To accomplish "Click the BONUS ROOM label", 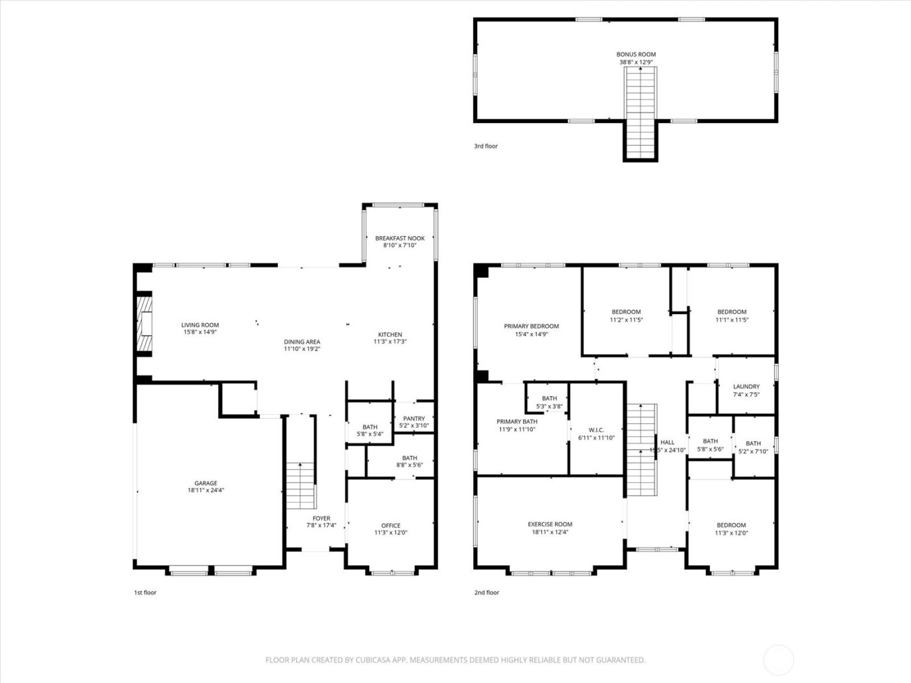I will tap(636, 55).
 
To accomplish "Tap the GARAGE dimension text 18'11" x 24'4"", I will tap(206, 491).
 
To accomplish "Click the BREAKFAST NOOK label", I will tap(400, 239).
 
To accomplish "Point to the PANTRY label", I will tap(414, 419).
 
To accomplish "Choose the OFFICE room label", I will tap(390, 526).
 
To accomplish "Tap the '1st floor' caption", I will tap(145, 593).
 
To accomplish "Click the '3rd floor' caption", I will tap(485, 146).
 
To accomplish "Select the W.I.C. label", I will tap(596, 430).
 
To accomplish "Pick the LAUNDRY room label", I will tap(746, 386).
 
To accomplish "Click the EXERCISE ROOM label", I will tap(550, 524).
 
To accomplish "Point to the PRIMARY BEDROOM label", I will tap(531, 327).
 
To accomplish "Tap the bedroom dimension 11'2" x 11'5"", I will tap(626, 320).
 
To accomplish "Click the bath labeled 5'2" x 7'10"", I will tap(753, 448).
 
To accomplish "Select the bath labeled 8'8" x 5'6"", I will tap(409, 462).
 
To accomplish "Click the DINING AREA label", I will tap(302, 342).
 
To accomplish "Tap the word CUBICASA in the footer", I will tap(373, 660).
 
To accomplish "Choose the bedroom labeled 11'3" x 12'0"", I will tap(731, 529).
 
